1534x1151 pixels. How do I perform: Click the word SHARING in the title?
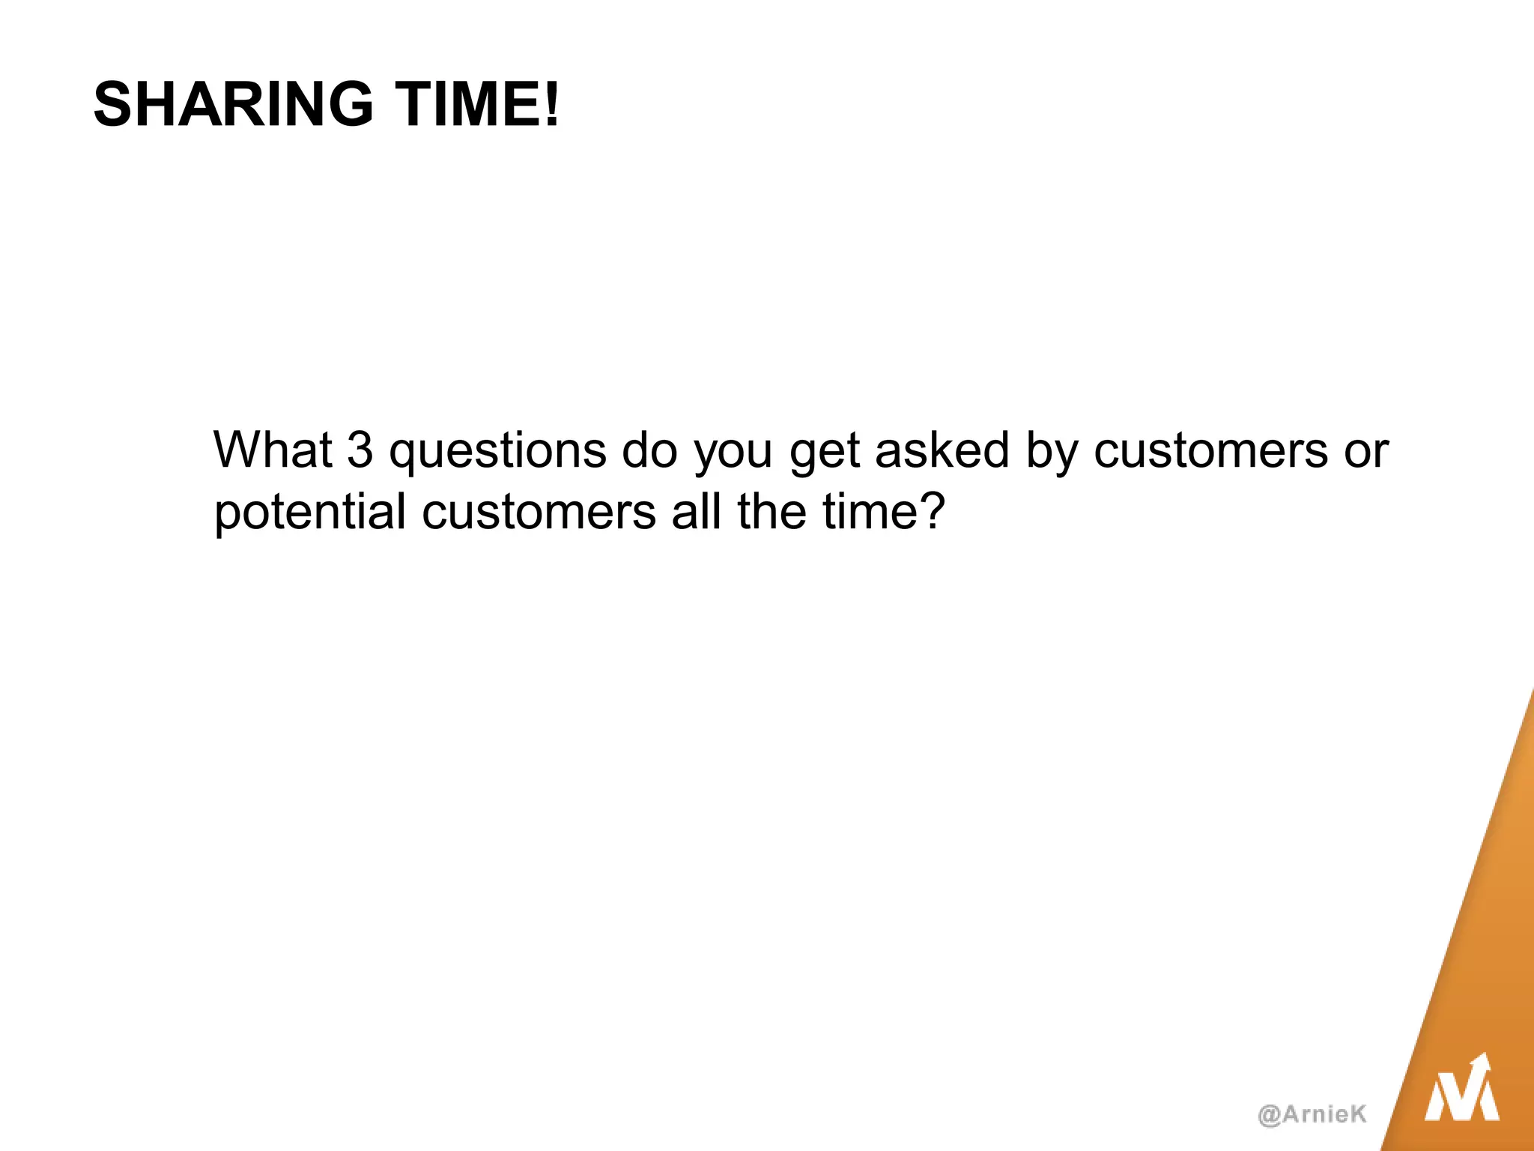coord(233,104)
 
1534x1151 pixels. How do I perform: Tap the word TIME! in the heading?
coord(477,104)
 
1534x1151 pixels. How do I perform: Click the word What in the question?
coord(273,450)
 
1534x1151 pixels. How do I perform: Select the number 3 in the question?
coord(360,450)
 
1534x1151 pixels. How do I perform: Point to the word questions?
coord(497,452)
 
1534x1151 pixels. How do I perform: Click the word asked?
coord(942,450)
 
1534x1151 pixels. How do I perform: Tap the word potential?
coord(309,513)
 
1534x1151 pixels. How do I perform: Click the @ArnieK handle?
coord(1312,1114)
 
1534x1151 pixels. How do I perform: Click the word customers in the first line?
coord(1210,450)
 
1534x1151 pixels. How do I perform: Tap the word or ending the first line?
coord(1366,452)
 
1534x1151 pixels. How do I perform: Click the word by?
coord(1050,452)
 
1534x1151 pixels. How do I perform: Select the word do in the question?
coord(649,450)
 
